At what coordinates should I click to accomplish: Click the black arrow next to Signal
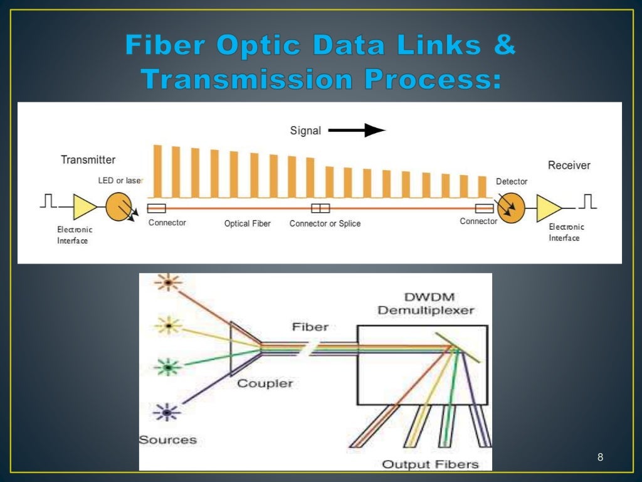point(357,131)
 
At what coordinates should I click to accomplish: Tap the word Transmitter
point(88,160)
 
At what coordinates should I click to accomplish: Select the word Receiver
point(569,166)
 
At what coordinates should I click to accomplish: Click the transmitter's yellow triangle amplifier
point(85,206)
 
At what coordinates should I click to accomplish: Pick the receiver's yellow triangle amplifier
point(549,208)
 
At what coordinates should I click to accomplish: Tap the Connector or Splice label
point(325,223)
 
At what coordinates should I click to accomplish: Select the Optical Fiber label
point(247,223)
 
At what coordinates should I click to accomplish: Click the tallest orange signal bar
point(158,171)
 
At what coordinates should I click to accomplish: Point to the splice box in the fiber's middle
point(320,208)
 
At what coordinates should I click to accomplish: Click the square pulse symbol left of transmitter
point(48,201)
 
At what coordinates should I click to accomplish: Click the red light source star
point(168,283)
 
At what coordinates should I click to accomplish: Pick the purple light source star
point(167,412)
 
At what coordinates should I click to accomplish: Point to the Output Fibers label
point(430,464)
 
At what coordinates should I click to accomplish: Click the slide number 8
point(600,456)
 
